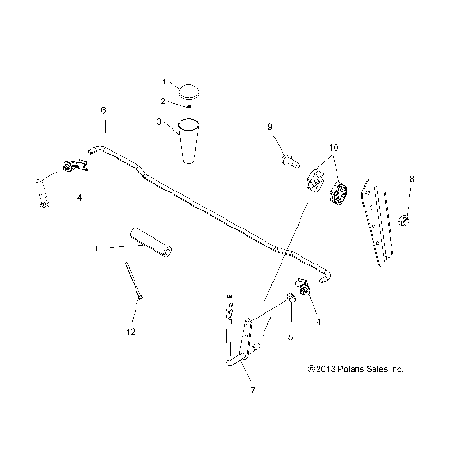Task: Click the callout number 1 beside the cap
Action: point(163,82)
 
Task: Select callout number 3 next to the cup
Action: point(160,121)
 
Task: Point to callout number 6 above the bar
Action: point(104,111)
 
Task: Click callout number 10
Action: point(333,148)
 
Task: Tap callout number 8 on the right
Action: point(411,178)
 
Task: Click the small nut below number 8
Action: point(405,221)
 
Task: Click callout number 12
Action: point(131,332)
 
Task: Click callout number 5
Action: point(291,335)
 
